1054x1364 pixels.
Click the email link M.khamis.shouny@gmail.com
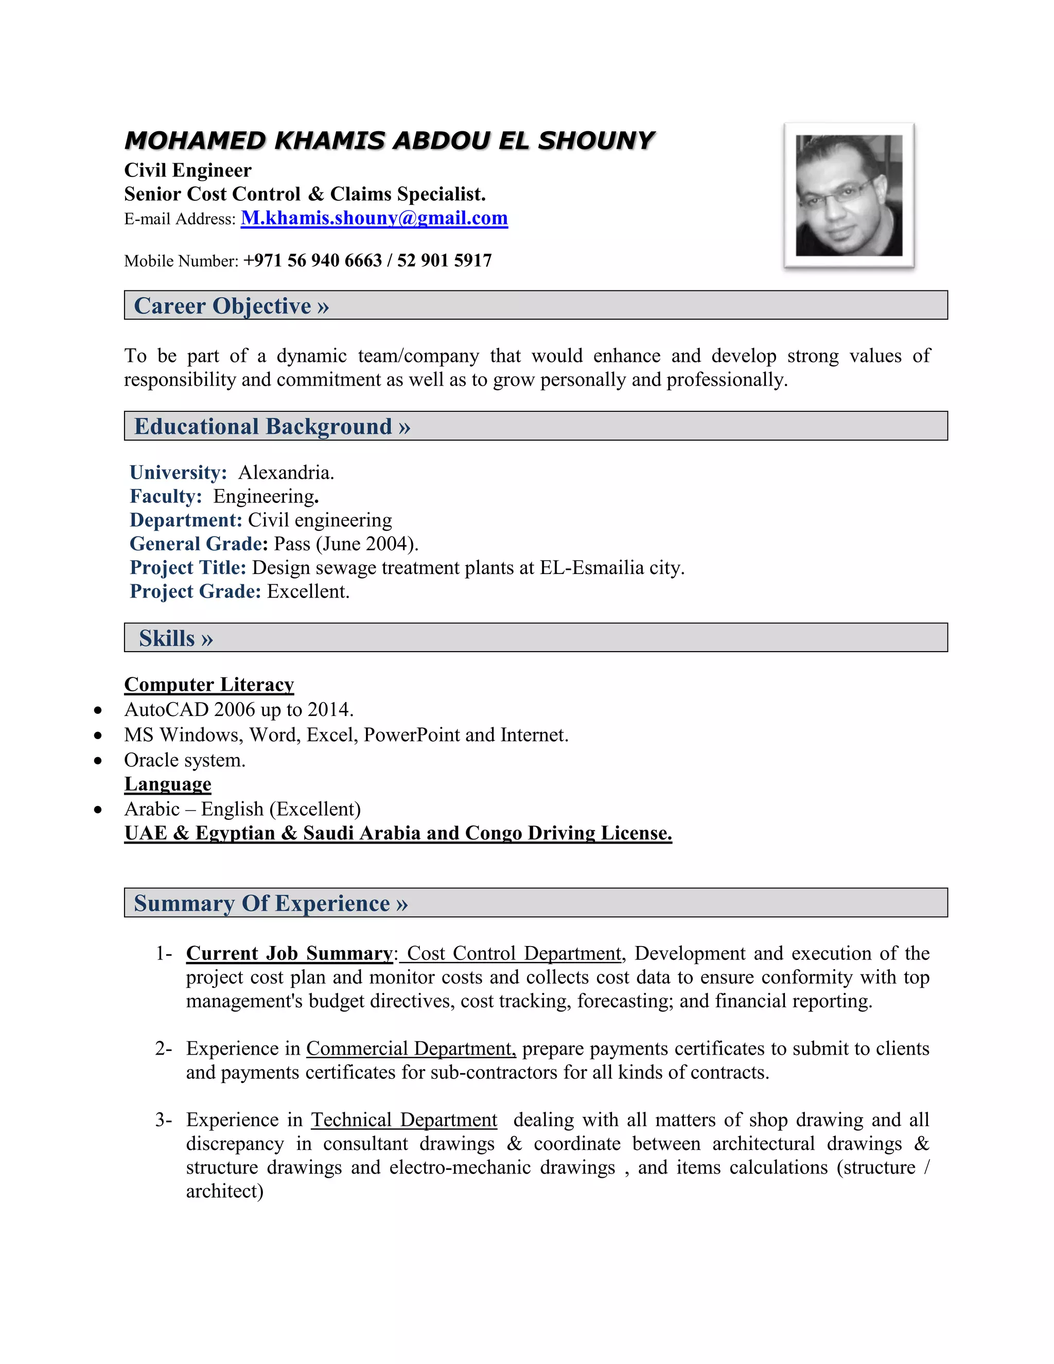[374, 218]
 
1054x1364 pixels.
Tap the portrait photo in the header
[849, 196]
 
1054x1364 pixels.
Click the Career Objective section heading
[231, 306]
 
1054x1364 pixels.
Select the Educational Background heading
[272, 427]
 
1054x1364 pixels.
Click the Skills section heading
[175, 638]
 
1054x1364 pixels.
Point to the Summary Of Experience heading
[270, 904]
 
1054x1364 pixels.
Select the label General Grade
[198, 544]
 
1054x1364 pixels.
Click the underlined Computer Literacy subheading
[208, 685]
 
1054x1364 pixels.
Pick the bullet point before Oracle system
[98, 761]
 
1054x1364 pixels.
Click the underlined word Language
[167, 784]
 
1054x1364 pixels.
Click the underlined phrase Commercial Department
[410, 1048]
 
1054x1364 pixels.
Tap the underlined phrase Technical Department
[404, 1120]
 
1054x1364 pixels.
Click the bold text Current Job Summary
[289, 954]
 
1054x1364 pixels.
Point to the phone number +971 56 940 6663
[312, 260]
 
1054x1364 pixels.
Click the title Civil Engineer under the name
[187, 170]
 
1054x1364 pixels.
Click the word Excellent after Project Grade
[307, 591]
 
